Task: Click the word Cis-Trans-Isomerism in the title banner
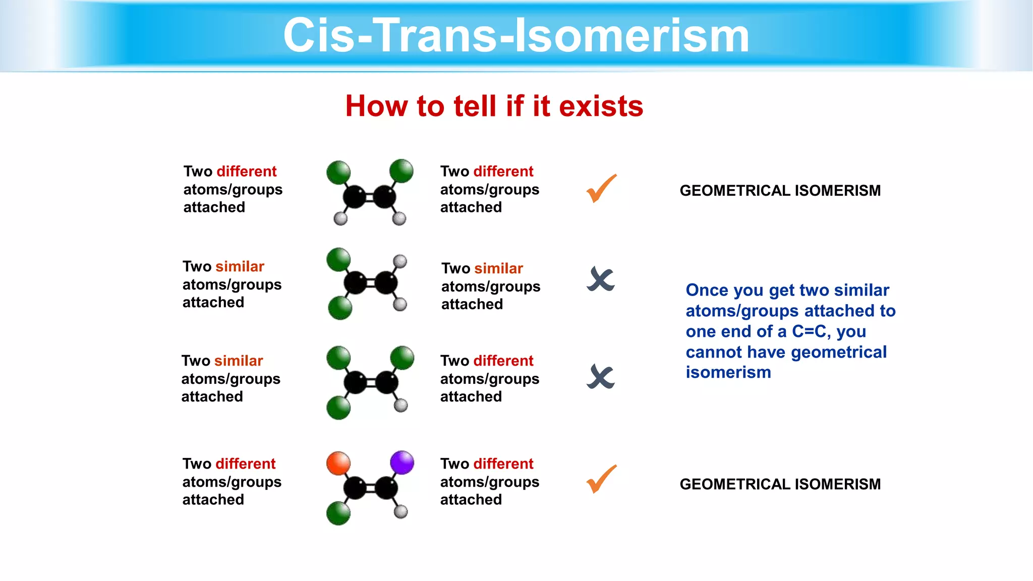516,35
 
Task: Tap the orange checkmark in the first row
601,189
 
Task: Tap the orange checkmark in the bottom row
601,479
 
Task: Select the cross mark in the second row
601,279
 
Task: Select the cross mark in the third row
601,377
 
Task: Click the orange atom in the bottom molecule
338,463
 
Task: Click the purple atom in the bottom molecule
402,462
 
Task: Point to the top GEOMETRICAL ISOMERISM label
780,191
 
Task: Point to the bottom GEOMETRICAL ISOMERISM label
780,484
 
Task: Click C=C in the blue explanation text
810,331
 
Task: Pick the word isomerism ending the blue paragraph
728,373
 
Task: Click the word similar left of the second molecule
240,266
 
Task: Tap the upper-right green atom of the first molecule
401,171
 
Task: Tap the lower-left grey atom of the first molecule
341,218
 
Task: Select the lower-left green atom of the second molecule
340,308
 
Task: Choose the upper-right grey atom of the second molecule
400,261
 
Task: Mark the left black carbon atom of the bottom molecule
355,488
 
